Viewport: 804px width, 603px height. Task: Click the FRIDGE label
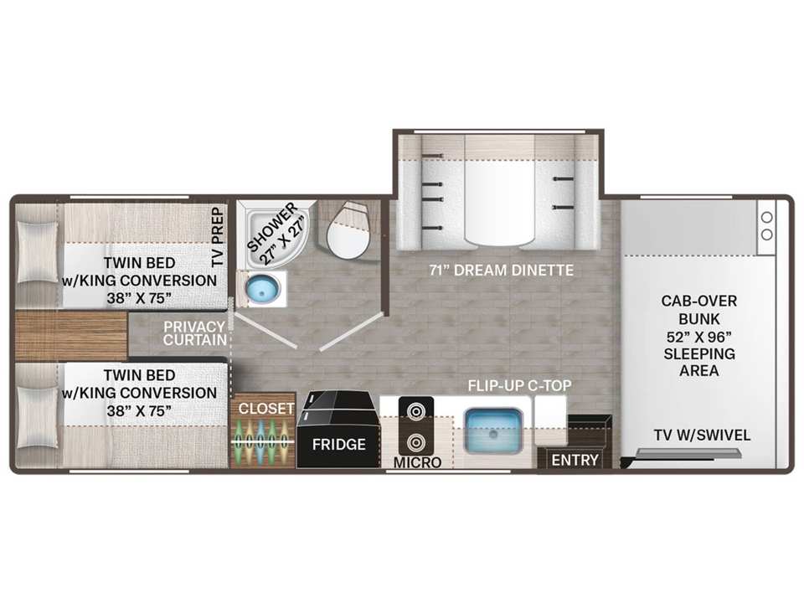pyautogui.click(x=338, y=444)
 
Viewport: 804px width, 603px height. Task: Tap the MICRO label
pyautogui.click(x=417, y=462)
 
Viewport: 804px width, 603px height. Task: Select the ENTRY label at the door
pyautogui.click(x=575, y=460)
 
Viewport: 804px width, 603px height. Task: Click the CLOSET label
pyautogui.click(x=266, y=409)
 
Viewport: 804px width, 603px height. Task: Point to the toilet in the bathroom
pyautogui.click(x=348, y=230)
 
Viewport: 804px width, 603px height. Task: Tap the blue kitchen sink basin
pyautogui.click(x=493, y=430)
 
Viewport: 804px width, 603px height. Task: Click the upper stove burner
pyautogui.click(x=416, y=411)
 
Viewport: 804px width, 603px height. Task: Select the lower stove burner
pyautogui.click(x=416, y=442)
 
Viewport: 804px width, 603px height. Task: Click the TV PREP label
pyautogui.click(x=218, y=236)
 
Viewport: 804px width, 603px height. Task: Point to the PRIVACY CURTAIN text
pyautogui.click(x=195, y=333)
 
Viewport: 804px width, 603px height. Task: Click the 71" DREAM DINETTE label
pyautogui.click(x=501, y=271)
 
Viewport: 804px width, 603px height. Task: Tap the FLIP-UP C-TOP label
pyautogui.click(x=519, y=385)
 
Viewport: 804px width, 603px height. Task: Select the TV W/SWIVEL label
pyautogui.click(x=702, y=435)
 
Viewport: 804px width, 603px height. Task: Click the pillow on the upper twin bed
pyautogui.click(x=37, y=252)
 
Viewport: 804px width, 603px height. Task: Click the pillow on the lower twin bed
pyautogui.click(x=37, y=417)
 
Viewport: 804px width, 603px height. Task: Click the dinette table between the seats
pyautogui.click(x=500, y=191)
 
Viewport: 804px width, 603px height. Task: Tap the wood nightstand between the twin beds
pyautogui.click(x=71, y=335)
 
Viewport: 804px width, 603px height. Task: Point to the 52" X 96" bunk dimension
pyautogui.click(x=698, y=337)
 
